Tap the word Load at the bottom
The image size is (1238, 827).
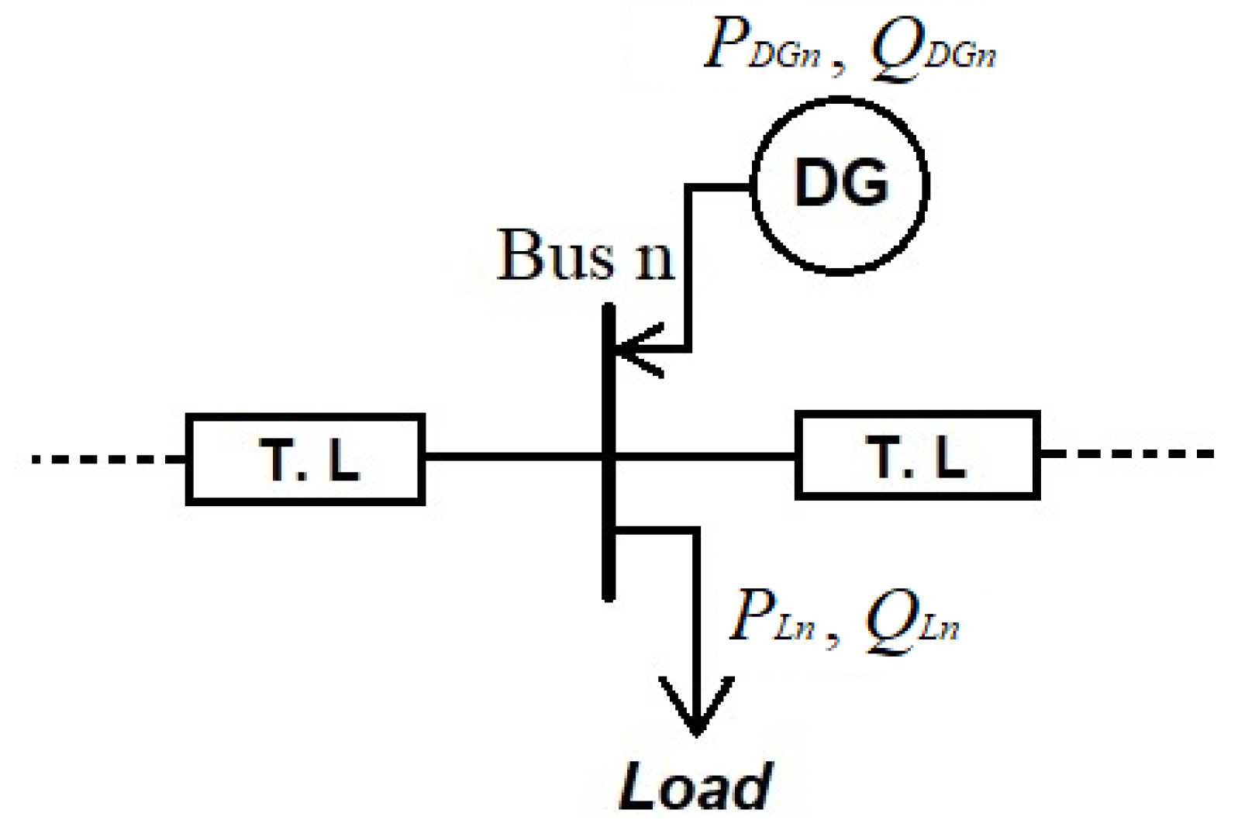pos(695,786)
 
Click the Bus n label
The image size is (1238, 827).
pos(585,256)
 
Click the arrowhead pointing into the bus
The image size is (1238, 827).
pos(632,350)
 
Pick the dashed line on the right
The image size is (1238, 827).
pos(1128,454)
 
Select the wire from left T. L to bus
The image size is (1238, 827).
pos(512,457)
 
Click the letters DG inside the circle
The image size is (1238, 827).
pos(841,184)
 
